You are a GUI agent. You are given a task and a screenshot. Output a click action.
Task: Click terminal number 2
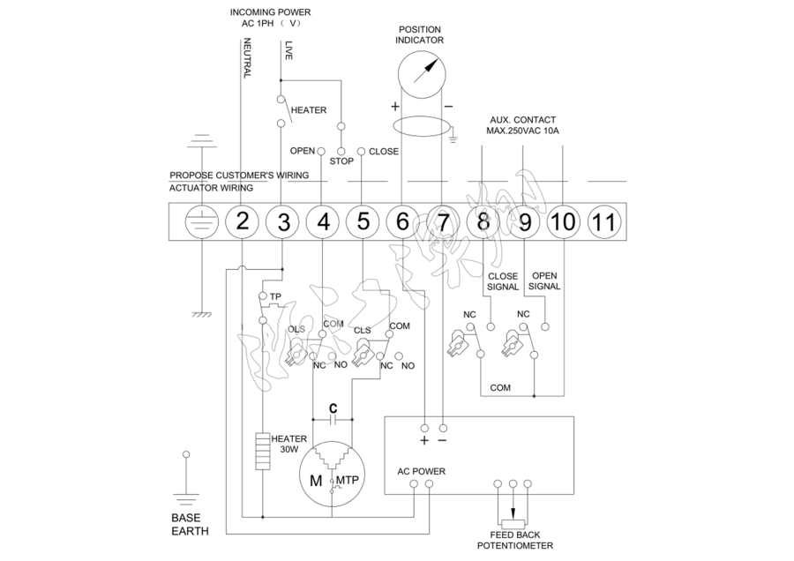coord(243,221)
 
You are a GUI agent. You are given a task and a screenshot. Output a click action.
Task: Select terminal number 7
coord(443,221)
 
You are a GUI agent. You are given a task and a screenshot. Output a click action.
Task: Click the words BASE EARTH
coord(191,524)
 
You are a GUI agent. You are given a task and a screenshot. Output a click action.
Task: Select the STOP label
coord(341,161)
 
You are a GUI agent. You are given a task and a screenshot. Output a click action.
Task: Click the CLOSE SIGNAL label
coord(503,281)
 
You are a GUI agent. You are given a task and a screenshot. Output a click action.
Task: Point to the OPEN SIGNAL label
coord(545,281)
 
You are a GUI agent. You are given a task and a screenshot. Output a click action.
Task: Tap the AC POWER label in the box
coord(421,471)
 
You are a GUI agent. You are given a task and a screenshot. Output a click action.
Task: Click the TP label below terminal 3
coord(275,295)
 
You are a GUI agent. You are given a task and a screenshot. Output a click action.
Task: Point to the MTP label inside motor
coord(346,481)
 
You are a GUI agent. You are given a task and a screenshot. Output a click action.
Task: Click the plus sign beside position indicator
coord(395,105)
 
